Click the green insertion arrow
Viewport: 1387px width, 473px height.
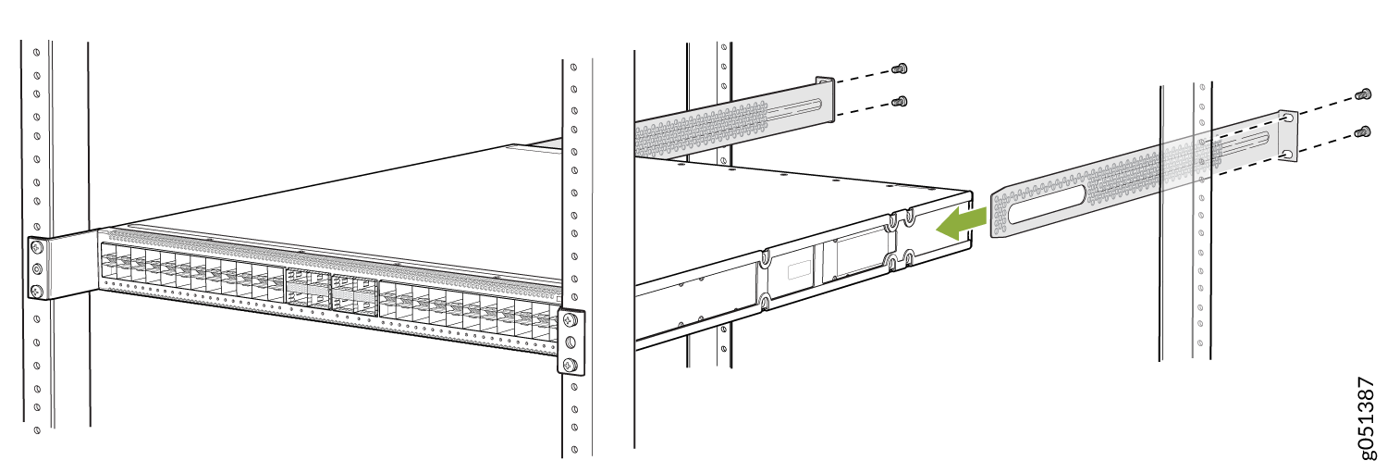tap(962, 224)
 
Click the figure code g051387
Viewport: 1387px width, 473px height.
tap(1366, 427)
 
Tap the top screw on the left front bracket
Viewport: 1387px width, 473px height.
tap(37, 247)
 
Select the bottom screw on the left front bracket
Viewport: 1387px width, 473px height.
tap(37, 290)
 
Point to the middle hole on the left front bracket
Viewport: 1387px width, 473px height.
tap(37, 268)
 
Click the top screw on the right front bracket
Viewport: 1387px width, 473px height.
tap(571, 320)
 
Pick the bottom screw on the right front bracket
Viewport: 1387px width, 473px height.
tap(571, 364)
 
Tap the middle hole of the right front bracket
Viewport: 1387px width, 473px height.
tap(571, 342)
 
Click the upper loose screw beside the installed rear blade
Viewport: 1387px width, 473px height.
tap(901, 68)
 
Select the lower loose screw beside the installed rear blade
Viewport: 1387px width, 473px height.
tap(901, 101)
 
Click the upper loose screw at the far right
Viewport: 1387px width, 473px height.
tap(1363, 94)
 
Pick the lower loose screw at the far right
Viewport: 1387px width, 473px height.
tap(1363, 131)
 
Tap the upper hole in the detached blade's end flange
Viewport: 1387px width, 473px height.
tap(1288, 118)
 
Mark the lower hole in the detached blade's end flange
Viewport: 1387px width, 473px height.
tap(1288, 153)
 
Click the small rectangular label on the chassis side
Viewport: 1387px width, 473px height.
tap(799, 269)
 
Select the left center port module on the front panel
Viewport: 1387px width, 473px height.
tap(308, 289)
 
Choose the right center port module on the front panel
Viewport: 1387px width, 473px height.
tap(355, 293)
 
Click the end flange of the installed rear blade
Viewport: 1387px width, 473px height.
tap(826, 98)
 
